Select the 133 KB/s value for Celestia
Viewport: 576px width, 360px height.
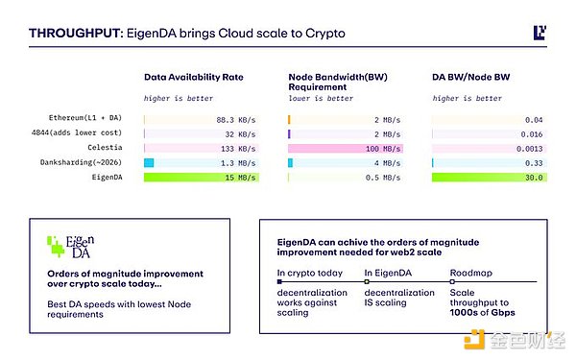(238, 149)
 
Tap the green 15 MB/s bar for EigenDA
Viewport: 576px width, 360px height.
(202, 179)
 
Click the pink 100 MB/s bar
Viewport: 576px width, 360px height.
(346, 149)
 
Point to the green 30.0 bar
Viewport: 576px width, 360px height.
(490, 179)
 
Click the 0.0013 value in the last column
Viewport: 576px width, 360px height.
(530, 149)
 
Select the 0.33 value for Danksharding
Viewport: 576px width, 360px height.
(535, 164)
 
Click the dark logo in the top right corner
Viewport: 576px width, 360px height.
(540, 33)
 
